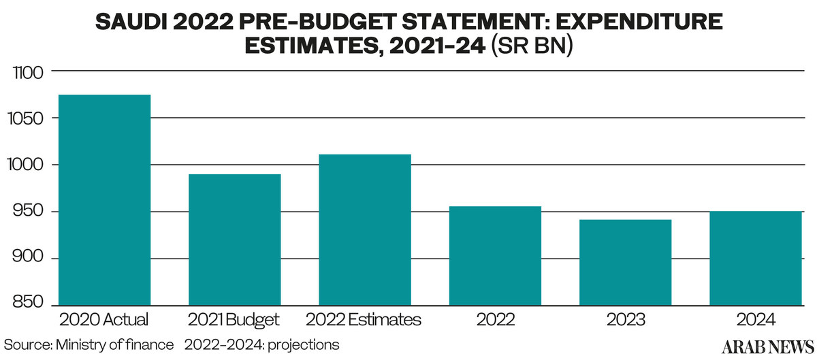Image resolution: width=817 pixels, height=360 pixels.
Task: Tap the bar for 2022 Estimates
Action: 364,229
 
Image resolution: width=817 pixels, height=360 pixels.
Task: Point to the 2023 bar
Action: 625,262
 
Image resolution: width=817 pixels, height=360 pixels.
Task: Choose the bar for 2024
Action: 755,258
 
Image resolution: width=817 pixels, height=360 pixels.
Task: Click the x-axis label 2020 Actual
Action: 104,319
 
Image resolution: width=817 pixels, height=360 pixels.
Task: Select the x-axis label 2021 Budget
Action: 234,319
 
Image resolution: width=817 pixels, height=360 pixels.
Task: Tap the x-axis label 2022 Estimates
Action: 364,319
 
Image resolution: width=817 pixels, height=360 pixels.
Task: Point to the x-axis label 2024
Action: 755,319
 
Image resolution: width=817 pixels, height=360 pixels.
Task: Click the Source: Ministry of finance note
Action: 88,345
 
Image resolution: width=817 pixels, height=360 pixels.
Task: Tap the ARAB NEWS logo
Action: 769,346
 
